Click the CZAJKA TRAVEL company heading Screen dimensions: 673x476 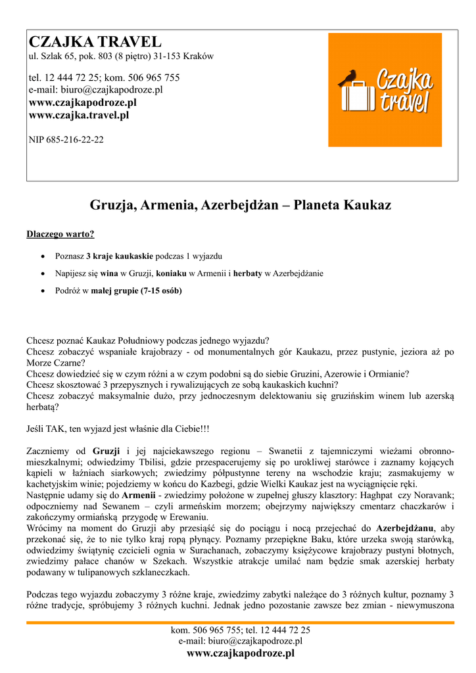pos(95,42)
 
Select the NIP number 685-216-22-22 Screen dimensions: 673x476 pos(66,139)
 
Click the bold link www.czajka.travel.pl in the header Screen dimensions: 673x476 pos(79,115)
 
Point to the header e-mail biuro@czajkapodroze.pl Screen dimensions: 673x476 pos(95,90)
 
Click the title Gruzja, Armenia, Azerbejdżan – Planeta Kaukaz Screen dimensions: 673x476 pos(240,205)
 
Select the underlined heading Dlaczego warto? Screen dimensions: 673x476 pos(60,234)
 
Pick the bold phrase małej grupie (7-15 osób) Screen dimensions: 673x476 pos(136,290)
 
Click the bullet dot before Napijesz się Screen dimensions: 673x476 pos(43,273)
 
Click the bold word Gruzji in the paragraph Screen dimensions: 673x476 pos(107,451)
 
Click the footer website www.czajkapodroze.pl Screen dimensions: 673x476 pos(241,653)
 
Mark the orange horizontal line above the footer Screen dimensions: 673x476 pos(240,622)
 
